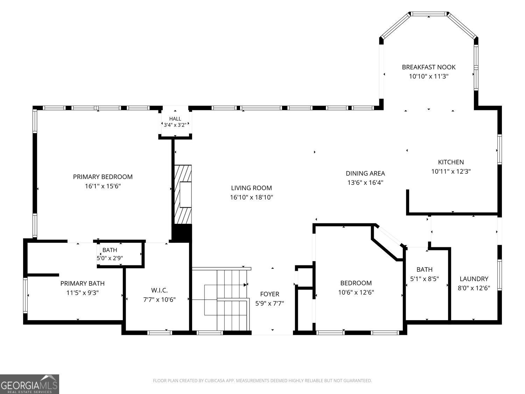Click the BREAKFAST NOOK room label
pyautogui.click(x=429, y=67)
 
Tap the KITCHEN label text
pyautogui.click(x=451, y=162)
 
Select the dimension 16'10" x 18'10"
pyautogui.click(x=251, y=198)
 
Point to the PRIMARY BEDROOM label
pyautogui.click(x=103, y=177)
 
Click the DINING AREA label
pyautogui.click(x=365, y=173)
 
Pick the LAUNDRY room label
pyautogui.click(x=474, y=279)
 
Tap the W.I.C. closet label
pyautogui.click(x=159, y=290)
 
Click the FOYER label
pyautogui.click(x=269, y=294)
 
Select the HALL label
pyautogui.click(x=175, y=119)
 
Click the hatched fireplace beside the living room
pyautogui.click(x=183, y=194)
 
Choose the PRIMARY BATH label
pyautogui.click(x=82, y=283)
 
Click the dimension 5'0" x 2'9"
pyautogui.click(x=110, y=258)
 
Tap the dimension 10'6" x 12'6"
pyautogui.click(x=356, y=292)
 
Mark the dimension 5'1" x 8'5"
pyautogui.click(x=424, y=279)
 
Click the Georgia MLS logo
pyautogui.click(x=29, y=384)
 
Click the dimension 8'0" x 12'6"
pyautogui.click(x=474, y=288)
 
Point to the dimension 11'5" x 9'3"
pyautogui.click(x=83, y=293)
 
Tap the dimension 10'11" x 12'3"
pyautogui.click(x=451, y=172)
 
